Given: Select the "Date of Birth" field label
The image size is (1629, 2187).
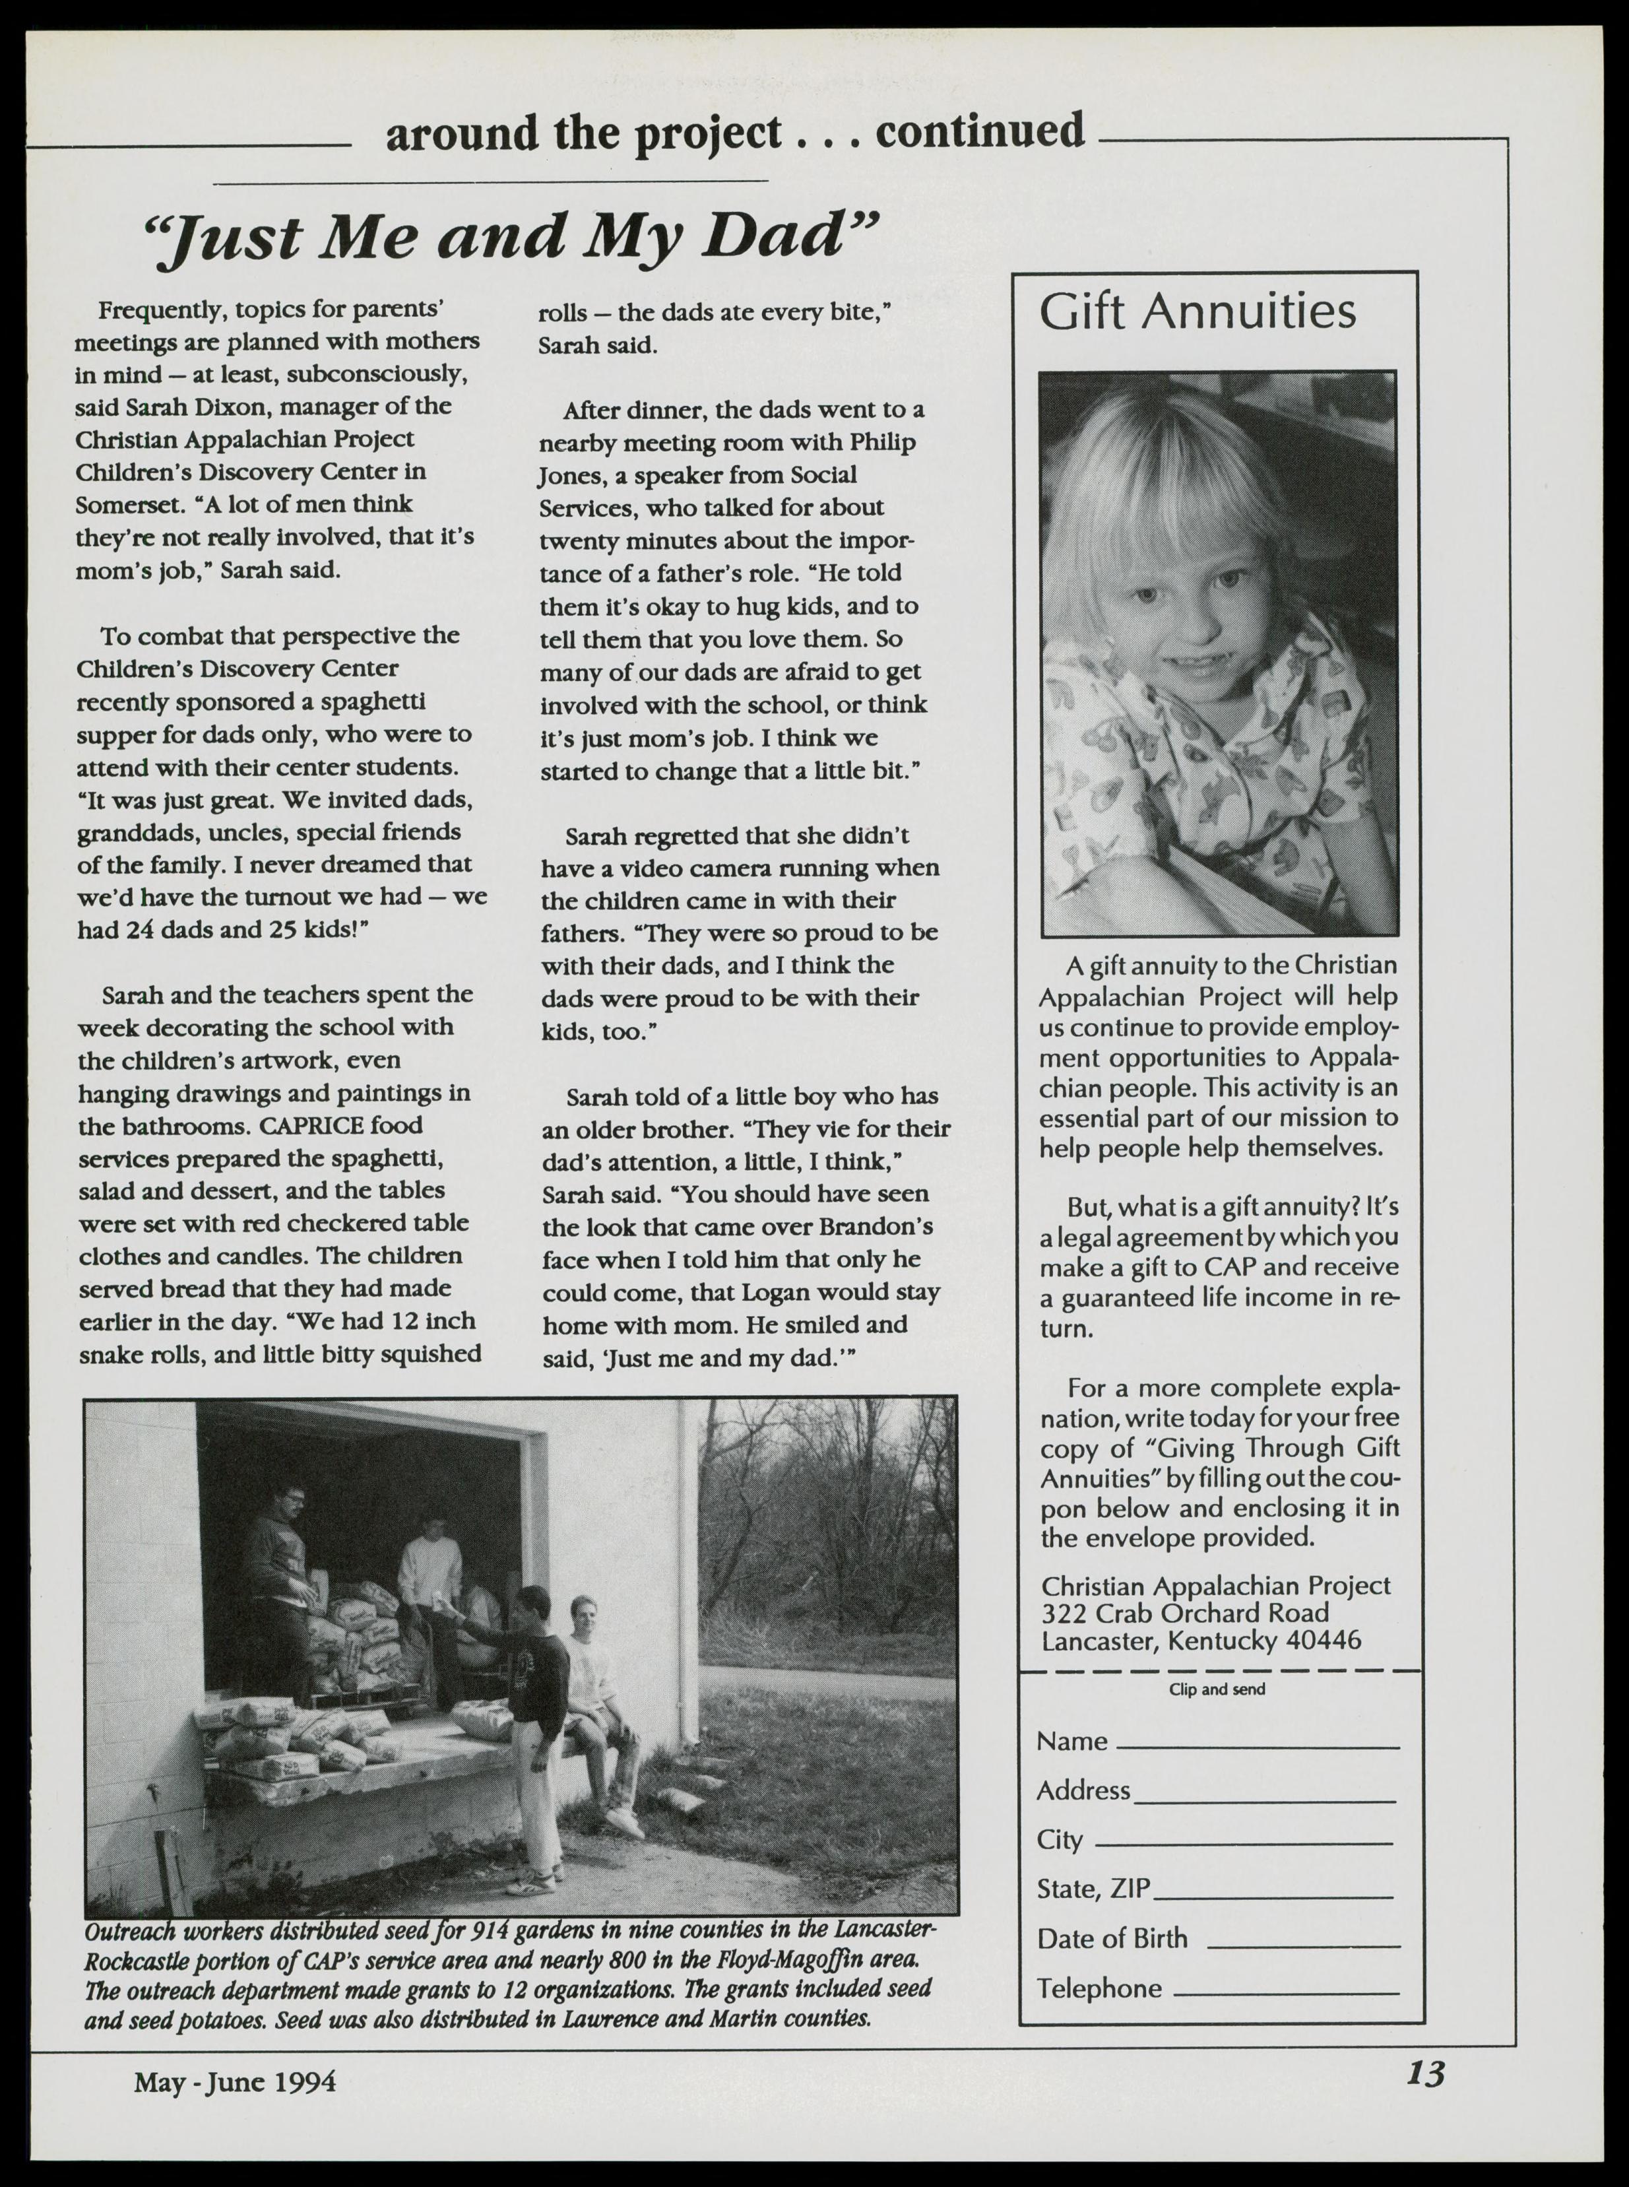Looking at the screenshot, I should point(1111,1938).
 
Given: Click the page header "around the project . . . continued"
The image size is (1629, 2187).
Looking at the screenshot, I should point(734,131).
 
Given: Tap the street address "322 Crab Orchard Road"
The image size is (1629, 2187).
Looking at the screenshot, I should point(1185,1613).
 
